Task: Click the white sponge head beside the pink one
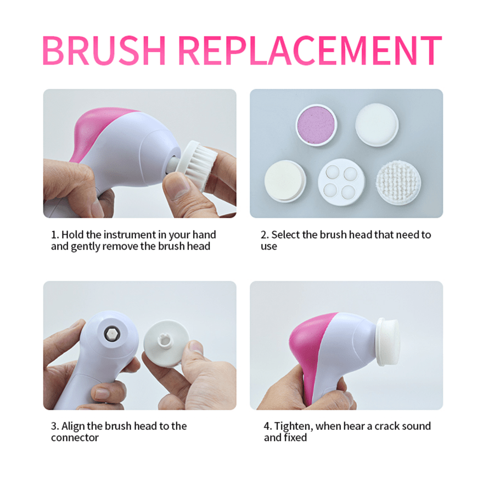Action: coord(376,124)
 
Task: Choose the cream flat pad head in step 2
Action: coord(285,181)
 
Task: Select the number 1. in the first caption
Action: coord(55,235)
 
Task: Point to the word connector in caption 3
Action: coord(75,438)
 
